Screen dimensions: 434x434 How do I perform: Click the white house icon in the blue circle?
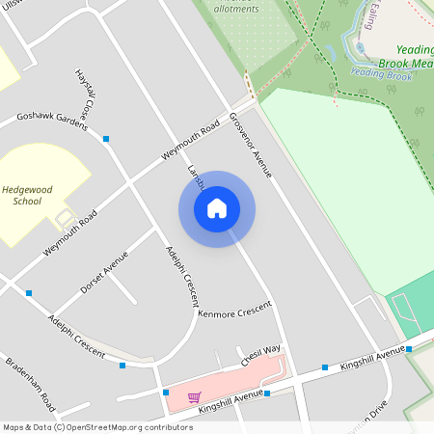[x=217, y=208]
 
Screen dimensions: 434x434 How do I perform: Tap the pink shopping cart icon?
[x=194, y=397]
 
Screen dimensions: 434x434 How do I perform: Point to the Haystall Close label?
[x=85, y=95]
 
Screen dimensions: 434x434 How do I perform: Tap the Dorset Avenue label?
[x=104, y=273]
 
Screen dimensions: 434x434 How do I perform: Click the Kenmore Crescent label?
[x=234, y=314]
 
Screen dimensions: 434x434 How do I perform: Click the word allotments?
[x=235, y=9]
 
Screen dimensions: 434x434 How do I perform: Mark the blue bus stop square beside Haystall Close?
[x=106, y=139]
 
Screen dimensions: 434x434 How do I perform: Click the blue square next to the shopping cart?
[x=166, y=393]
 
